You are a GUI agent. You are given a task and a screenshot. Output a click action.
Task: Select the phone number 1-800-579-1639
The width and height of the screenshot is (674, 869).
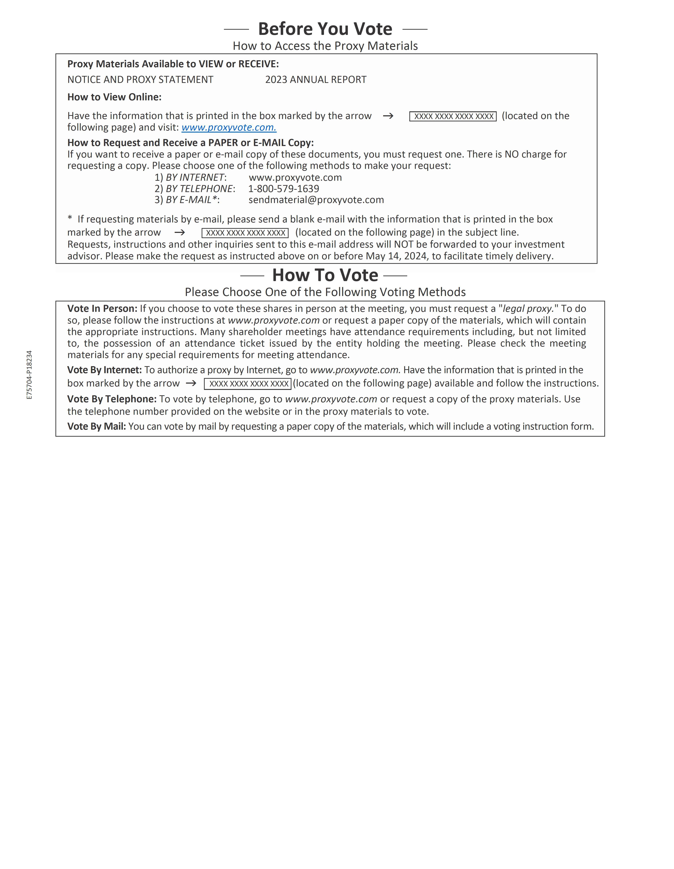click(x=284, y=189)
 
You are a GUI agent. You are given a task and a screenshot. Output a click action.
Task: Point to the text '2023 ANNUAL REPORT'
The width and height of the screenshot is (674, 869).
click(x=316, y=79)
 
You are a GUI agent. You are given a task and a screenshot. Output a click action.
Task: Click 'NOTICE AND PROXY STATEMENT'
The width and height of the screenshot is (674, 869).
click(x=140, y=79)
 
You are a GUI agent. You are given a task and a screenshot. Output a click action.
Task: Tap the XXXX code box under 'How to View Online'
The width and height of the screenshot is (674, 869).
click(x=453, y=116)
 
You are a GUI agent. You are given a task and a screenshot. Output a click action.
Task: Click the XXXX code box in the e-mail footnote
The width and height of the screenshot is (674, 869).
click(x=245, y=233)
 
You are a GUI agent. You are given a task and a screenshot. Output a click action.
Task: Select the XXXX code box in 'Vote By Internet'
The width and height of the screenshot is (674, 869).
click(x=248, y=384)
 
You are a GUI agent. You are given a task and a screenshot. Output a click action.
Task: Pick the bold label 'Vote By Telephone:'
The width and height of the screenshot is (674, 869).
click(x=112, y=399)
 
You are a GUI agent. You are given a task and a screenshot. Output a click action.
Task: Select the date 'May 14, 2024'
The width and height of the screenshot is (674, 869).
click(x=396, y=256)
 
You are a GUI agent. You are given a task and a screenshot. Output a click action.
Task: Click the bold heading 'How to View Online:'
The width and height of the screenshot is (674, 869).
click(x=114, y=97)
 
